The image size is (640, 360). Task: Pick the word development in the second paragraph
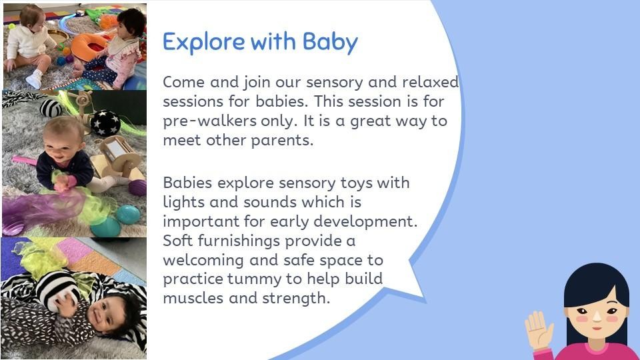[365, 221]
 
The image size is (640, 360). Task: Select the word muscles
[193, 298]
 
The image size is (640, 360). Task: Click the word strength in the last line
[295, 299]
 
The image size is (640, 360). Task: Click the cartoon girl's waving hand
[539, 330]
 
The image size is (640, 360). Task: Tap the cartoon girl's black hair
[596, 286]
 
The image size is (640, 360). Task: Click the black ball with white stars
[105, 123]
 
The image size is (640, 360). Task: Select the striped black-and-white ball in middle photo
[51, 108]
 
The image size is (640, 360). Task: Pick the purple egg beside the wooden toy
[138, 187]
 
